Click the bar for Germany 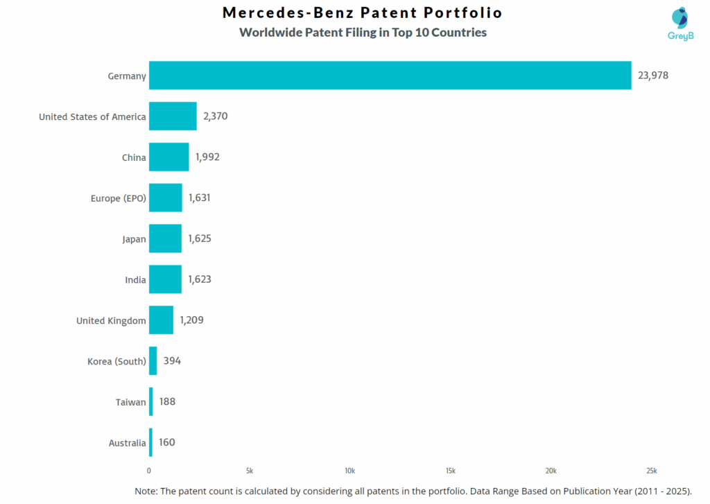390,76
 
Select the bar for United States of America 173,116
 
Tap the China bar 168,157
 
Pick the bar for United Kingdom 161,320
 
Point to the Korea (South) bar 153,361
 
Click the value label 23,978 653,76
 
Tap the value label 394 172,361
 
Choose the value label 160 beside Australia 167,442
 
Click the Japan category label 134,239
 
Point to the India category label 135,280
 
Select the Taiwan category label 131,402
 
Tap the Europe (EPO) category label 119,198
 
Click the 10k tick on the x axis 350,471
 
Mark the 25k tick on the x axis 651,471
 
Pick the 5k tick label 250,471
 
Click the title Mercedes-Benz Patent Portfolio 363,13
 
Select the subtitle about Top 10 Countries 363,33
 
